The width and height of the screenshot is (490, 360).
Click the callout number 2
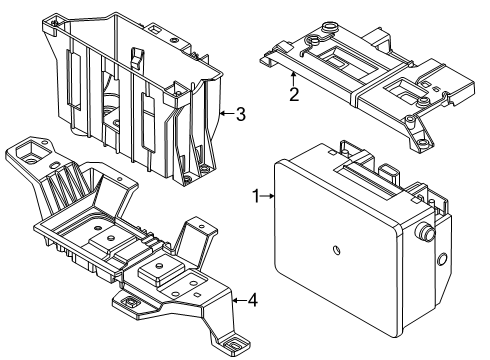[x=293, y=96]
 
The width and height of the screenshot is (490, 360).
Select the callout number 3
[x=239, y=113]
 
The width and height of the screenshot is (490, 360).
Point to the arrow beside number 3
[x=225, y=113]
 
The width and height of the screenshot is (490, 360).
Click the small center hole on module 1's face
[x=336, y=249]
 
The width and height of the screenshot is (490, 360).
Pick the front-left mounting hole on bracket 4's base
[x=130, y=299]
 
